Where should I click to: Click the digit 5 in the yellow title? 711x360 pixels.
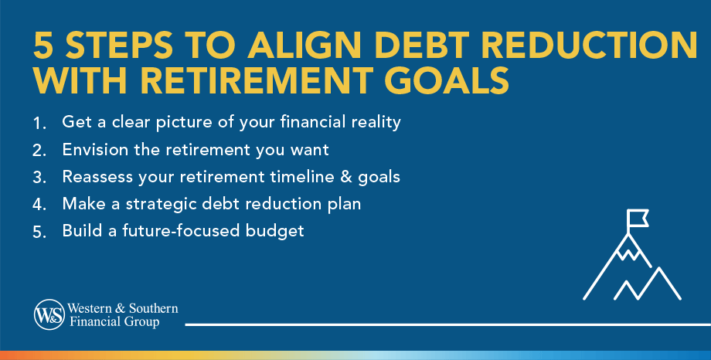click(43, 46)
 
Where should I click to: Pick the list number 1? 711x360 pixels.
click(39, 124)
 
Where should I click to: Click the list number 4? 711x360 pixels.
click(39, 205)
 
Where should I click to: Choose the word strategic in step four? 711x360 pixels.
click(161, 205)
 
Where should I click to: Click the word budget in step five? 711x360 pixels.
click(275, 231)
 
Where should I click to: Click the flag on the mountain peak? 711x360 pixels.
click(637, 219)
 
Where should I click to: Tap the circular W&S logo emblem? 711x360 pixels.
click(49, 314)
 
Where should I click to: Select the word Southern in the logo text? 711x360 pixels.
click(153, 308)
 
